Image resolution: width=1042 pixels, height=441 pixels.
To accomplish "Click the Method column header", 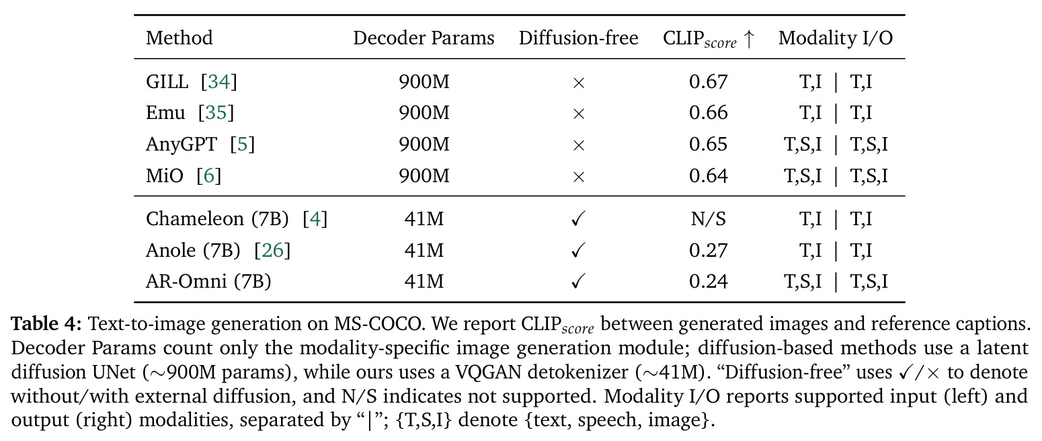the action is pyautogui.click(x=179, y=38).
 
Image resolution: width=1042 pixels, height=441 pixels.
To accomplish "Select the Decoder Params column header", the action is pyautogui.click(x=424, y=38).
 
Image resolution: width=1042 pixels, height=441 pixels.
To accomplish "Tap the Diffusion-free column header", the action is pyautogui.click(x=578, y=38).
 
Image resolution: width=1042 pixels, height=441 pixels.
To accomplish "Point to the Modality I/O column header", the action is pyautogui.click(x=836, y=38).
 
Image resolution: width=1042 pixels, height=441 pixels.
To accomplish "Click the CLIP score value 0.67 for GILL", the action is pyautogui.click(x=708, y=82).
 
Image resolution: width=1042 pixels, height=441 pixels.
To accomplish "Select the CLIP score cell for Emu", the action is pyautogui.click(x=708, y=112).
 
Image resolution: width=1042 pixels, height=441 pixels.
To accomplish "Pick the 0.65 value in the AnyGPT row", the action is pyautogui.click(x=708, y=145).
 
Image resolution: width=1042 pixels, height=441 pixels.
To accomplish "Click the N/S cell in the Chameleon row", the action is pyautogui.click(x=708, y=218).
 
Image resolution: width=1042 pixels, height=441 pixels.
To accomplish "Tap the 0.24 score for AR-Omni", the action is pyautogui.click(x=708, y=281).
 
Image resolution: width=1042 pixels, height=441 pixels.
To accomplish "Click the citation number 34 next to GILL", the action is pyautogui.click(x=219, y=82).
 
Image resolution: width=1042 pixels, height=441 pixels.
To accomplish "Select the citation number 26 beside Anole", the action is pyautogui.click(x=272, y=250).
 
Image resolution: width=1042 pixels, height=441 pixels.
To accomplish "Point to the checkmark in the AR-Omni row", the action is pyautogui.click(x=578, y=281).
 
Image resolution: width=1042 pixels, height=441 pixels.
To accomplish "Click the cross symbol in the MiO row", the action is pyautogui.click(x=579, y=177).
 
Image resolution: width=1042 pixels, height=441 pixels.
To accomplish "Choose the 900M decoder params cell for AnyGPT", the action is pyautogui.click(x=424, y=145).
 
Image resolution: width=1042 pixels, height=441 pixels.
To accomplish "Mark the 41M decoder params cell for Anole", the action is pyautogui.click(x=424, y=250).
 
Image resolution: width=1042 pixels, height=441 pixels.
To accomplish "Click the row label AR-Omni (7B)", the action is pyautogui.click(x=208, y=282).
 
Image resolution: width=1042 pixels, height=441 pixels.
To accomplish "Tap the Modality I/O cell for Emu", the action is pyautogui.click(x=836, y=113).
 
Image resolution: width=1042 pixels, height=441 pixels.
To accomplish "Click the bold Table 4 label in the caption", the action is pyautogui.click(x=46, y=324).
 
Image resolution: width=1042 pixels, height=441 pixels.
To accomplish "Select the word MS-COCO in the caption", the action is pyautogui.click(x=377, y=324).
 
